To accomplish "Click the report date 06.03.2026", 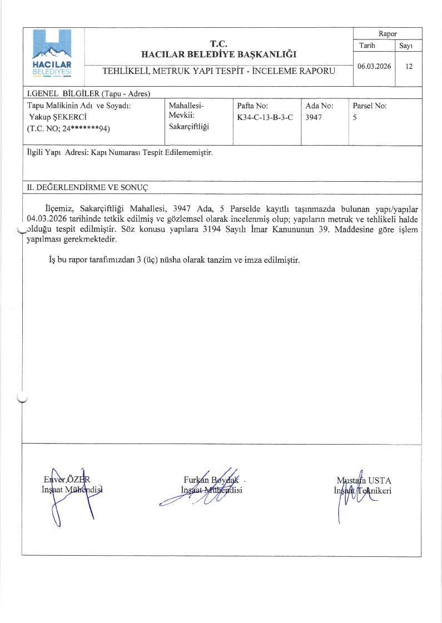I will [374, 66].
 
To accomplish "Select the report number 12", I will [409, 66].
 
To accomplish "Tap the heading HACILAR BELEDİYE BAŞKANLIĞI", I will [219, 54].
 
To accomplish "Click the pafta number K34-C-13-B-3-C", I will [265, 117].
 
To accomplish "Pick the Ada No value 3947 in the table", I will [313, 117].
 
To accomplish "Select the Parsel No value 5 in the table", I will [355, 117].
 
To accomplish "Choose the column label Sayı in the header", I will [408, 46].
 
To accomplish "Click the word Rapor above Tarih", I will [388, 34].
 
